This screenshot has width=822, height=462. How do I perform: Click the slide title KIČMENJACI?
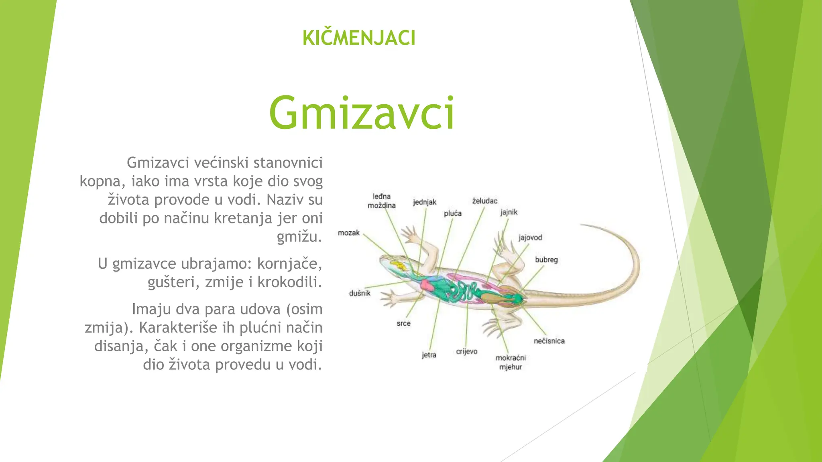[359, 38]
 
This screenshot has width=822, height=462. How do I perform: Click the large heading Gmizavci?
[362, 113]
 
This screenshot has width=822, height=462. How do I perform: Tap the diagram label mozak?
[348, 233]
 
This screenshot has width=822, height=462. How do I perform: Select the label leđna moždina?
[382, 201]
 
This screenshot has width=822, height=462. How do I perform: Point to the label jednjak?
[425, 202]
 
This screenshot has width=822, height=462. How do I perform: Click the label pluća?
[453, 213]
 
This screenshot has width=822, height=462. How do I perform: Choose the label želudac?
[485, 201]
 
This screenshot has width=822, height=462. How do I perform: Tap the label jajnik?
[509, 212]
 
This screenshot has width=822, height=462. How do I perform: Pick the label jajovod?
[530, 237]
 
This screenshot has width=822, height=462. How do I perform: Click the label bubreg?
[546, 260]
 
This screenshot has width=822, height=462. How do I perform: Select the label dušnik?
[360, 293]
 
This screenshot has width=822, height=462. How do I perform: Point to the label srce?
[403, 324]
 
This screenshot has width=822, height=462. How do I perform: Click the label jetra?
[429, 355]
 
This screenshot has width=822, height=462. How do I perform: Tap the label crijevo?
[467, 352]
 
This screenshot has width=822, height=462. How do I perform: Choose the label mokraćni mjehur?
[511, 362]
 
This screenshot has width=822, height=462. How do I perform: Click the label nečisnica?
[549, 341]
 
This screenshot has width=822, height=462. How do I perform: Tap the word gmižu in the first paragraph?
[299, 237]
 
